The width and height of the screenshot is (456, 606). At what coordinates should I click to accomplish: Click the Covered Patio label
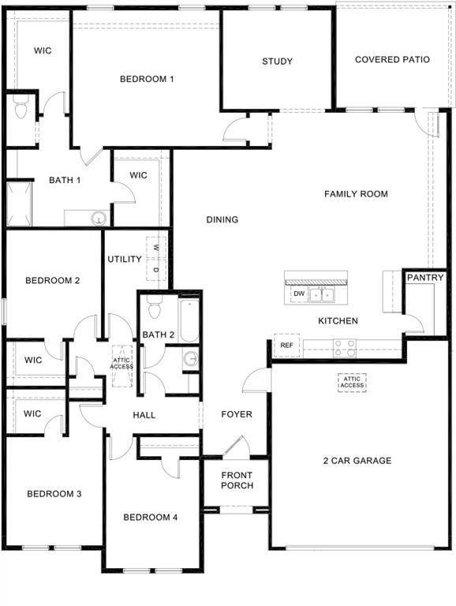(392, 59)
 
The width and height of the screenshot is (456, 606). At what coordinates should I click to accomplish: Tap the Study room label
(278, 61)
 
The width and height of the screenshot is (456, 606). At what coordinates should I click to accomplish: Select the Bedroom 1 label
(147, 78)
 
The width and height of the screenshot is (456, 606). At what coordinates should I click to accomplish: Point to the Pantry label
(426, 278)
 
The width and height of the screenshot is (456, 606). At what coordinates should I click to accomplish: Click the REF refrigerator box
(286, 345)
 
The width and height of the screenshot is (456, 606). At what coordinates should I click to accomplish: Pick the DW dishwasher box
(299, 294)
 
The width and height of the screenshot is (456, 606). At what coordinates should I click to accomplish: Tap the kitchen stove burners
(345, 347)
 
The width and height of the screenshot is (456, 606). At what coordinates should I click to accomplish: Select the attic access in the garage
(353, 382)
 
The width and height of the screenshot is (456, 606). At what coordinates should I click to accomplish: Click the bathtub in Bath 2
(189, 320)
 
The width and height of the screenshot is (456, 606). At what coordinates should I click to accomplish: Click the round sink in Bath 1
(99, 218)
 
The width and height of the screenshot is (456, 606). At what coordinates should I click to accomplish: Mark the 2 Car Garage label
(357, 461)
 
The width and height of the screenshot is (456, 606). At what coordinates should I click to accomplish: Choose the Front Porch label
(237, 480)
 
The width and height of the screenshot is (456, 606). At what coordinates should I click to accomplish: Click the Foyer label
(237, 414)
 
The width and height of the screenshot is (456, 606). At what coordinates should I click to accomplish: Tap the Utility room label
(125, 259)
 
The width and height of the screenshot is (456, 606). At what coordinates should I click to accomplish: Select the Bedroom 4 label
(151, 518)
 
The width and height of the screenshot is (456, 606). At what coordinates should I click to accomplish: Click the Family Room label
(356, 194)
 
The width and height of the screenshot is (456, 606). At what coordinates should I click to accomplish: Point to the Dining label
(222, 219)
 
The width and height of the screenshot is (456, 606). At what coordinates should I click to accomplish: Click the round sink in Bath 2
(191, 359)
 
